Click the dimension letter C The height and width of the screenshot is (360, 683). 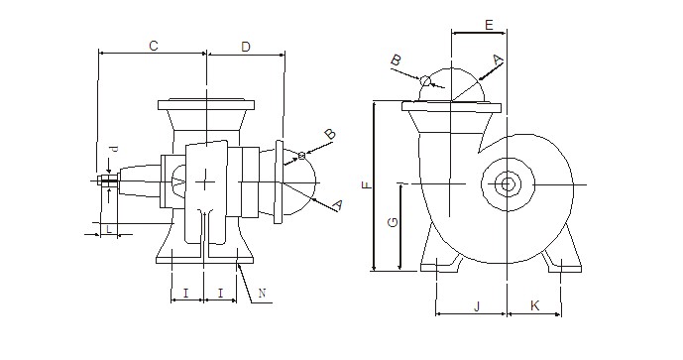pyautogui.click(x=154, y=46)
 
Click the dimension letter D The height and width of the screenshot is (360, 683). pyautogui.click(x=246, y=47)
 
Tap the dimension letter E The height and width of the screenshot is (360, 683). pyautogui.click(x=489, y=25)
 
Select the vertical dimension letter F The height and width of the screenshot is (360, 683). pyautogui.click(x=368, y=184)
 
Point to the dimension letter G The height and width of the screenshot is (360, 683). pyautogui.click(x=393, y=223)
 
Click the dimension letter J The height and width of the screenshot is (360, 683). pyautogui.click(x=477, y=306)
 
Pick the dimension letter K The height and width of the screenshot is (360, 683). pyautogui.click(x=534, y=306)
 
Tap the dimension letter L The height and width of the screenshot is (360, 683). pyautogui.click(x=108, y=229)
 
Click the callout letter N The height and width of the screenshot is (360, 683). pyautogui.click(x=262, y=293)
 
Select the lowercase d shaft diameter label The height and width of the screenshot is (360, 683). pyautogui.click(x=114, y=150)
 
